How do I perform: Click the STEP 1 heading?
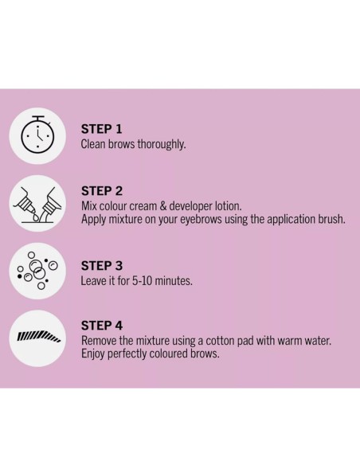pos(101,129)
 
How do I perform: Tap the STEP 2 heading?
pos(102,191)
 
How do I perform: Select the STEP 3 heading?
pos(102,267)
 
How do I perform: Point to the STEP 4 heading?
pos(102,326)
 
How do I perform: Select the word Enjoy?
pos(95,354)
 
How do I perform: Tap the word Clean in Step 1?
pos(95,144)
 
